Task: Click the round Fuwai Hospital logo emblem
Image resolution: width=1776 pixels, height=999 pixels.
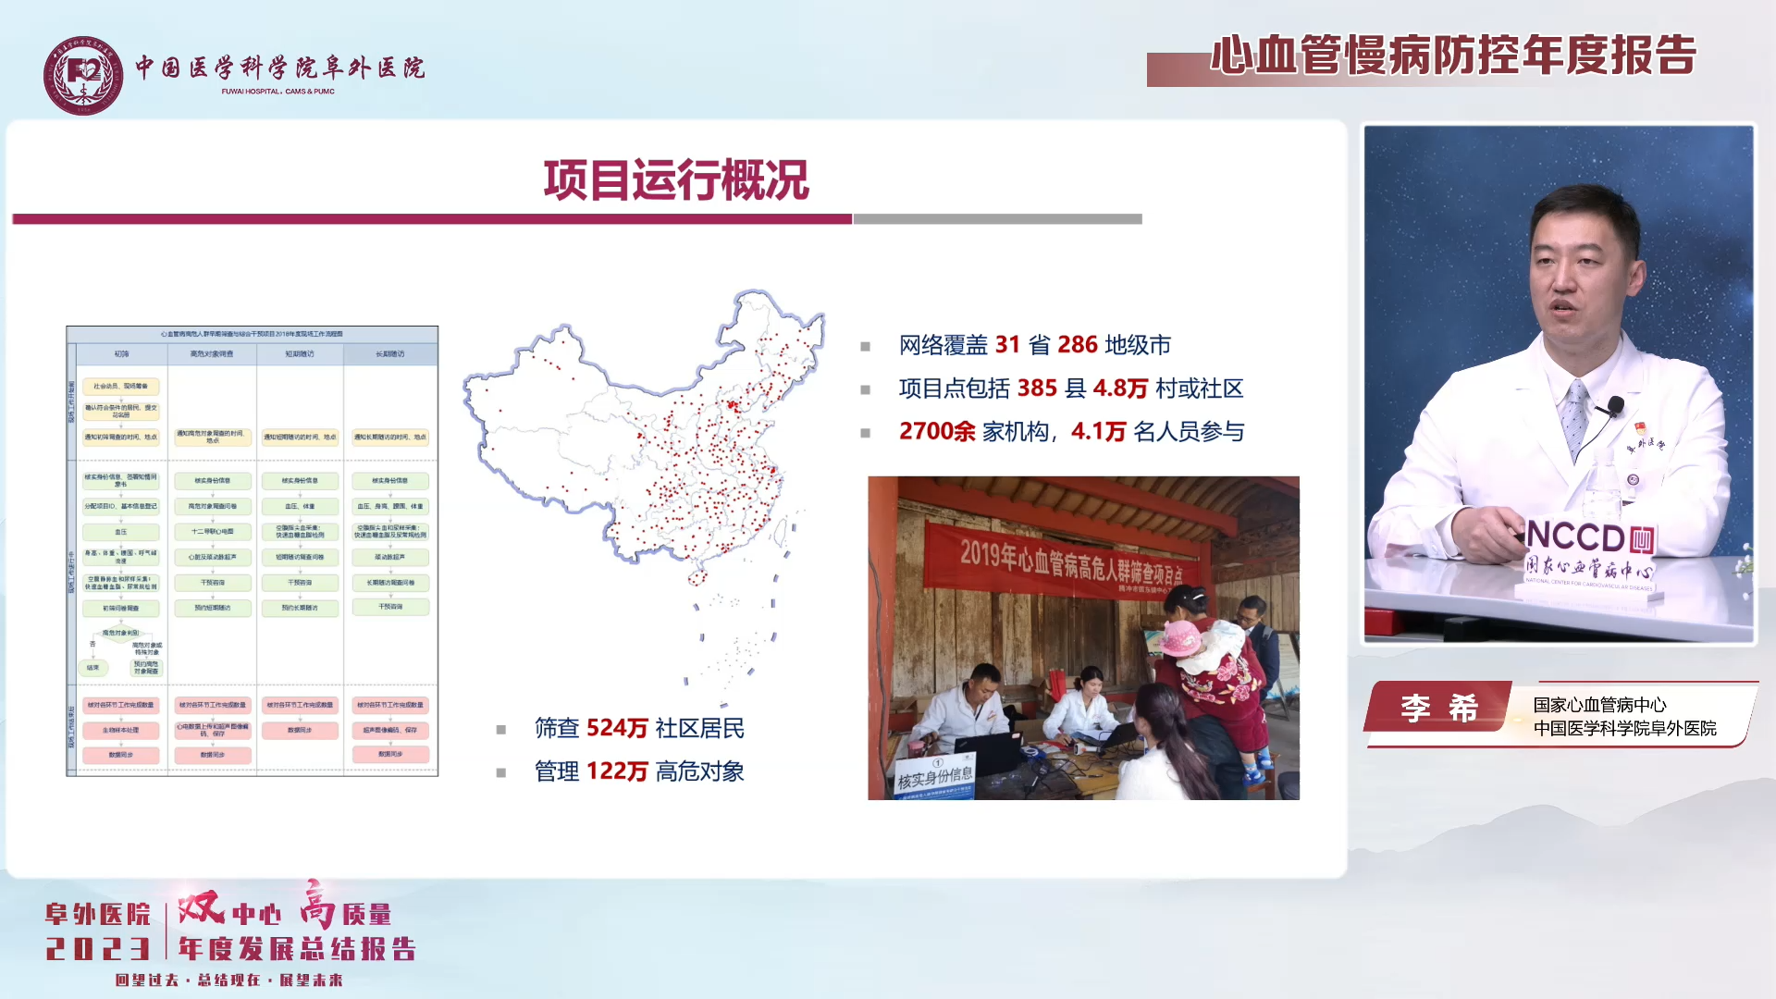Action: (83, 75)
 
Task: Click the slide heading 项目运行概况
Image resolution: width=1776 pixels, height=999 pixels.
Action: (676, 179)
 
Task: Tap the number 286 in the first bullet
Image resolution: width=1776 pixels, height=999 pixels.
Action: (1078, 345)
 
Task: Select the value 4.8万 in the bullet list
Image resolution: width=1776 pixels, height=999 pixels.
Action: (1120, 388)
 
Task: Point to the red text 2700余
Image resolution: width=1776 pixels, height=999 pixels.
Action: (936, 432)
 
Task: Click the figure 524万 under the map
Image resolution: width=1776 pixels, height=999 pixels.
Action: (617, 729)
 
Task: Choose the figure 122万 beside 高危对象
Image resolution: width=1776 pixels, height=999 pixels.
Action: (617, 771)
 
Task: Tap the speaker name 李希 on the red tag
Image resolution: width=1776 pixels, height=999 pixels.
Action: (1438, 709)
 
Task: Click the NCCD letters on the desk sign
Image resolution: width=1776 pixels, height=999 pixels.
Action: (1576, 536)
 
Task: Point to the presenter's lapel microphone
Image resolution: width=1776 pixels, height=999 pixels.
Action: (1616, 404)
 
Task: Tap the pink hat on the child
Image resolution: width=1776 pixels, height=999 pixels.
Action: (1181, 638)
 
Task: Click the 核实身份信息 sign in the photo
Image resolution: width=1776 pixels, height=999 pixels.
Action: (934, 777)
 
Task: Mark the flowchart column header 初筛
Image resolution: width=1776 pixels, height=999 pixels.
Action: (121, 354)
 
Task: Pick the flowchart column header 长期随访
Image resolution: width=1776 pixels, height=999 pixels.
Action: (389, 354)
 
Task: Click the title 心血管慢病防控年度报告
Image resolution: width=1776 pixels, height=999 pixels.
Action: (1453, 55)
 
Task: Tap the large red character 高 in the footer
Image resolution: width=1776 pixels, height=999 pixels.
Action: (317, 904)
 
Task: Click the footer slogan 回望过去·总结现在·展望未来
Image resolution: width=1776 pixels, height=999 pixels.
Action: (228, 980)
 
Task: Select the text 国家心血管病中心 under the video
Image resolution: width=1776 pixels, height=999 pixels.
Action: (1599, 705)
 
